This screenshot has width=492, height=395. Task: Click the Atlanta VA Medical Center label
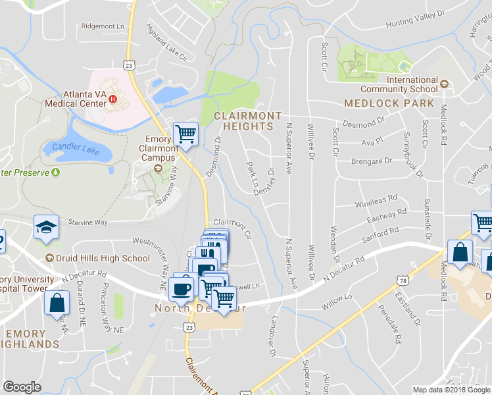coord(75,99)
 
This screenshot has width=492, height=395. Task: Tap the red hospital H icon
coord(112,99)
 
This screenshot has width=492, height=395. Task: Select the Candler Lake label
coord(81,149)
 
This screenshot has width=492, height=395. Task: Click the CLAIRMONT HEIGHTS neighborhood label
coord(247,120)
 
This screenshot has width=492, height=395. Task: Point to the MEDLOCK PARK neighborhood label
coord(389,103)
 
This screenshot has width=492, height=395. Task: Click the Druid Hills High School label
coord(103,258)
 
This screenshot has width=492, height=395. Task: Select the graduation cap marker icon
coord(47,228)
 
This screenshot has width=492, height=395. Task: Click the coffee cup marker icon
coord(181,288)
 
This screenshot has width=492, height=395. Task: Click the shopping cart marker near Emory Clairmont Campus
coord(186,134)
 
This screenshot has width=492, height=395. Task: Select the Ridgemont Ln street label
coord(103,26)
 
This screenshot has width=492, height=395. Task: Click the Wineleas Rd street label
coord(376,199)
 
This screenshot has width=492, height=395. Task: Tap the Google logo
coord(22,387)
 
